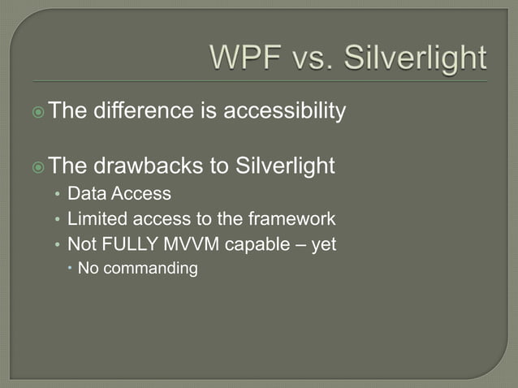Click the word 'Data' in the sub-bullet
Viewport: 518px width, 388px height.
coord(84,195)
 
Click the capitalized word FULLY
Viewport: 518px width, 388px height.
coord(123,244)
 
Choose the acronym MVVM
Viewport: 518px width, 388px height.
coord(179,244)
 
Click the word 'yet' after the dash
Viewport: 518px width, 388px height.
coord(322,244)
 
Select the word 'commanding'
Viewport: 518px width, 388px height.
coord(151,268)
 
